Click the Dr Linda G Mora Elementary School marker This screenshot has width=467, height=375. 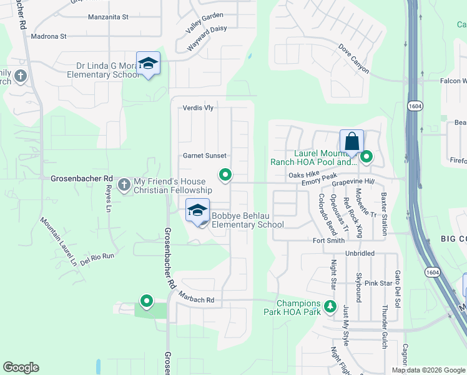148,64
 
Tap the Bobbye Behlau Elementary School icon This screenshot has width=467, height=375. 197,211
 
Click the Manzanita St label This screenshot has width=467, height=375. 108,17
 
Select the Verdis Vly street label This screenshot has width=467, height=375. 198,107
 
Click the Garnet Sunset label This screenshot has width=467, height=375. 204,156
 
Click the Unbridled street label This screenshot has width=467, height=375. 360,254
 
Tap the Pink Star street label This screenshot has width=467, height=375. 378,283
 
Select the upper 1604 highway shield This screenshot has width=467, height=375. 415,107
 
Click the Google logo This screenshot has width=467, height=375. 21,367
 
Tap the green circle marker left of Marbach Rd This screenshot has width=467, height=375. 147,301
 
